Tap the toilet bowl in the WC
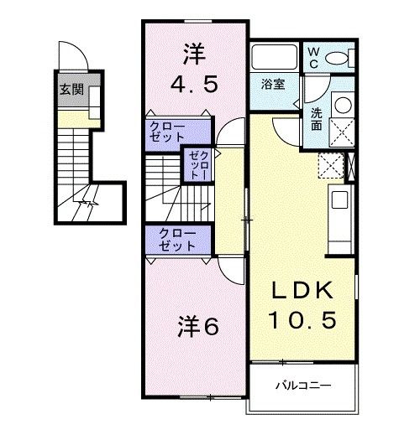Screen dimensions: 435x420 (340, 59)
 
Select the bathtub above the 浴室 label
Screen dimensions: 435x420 (274, 60)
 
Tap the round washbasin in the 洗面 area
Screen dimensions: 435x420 (342, 106)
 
